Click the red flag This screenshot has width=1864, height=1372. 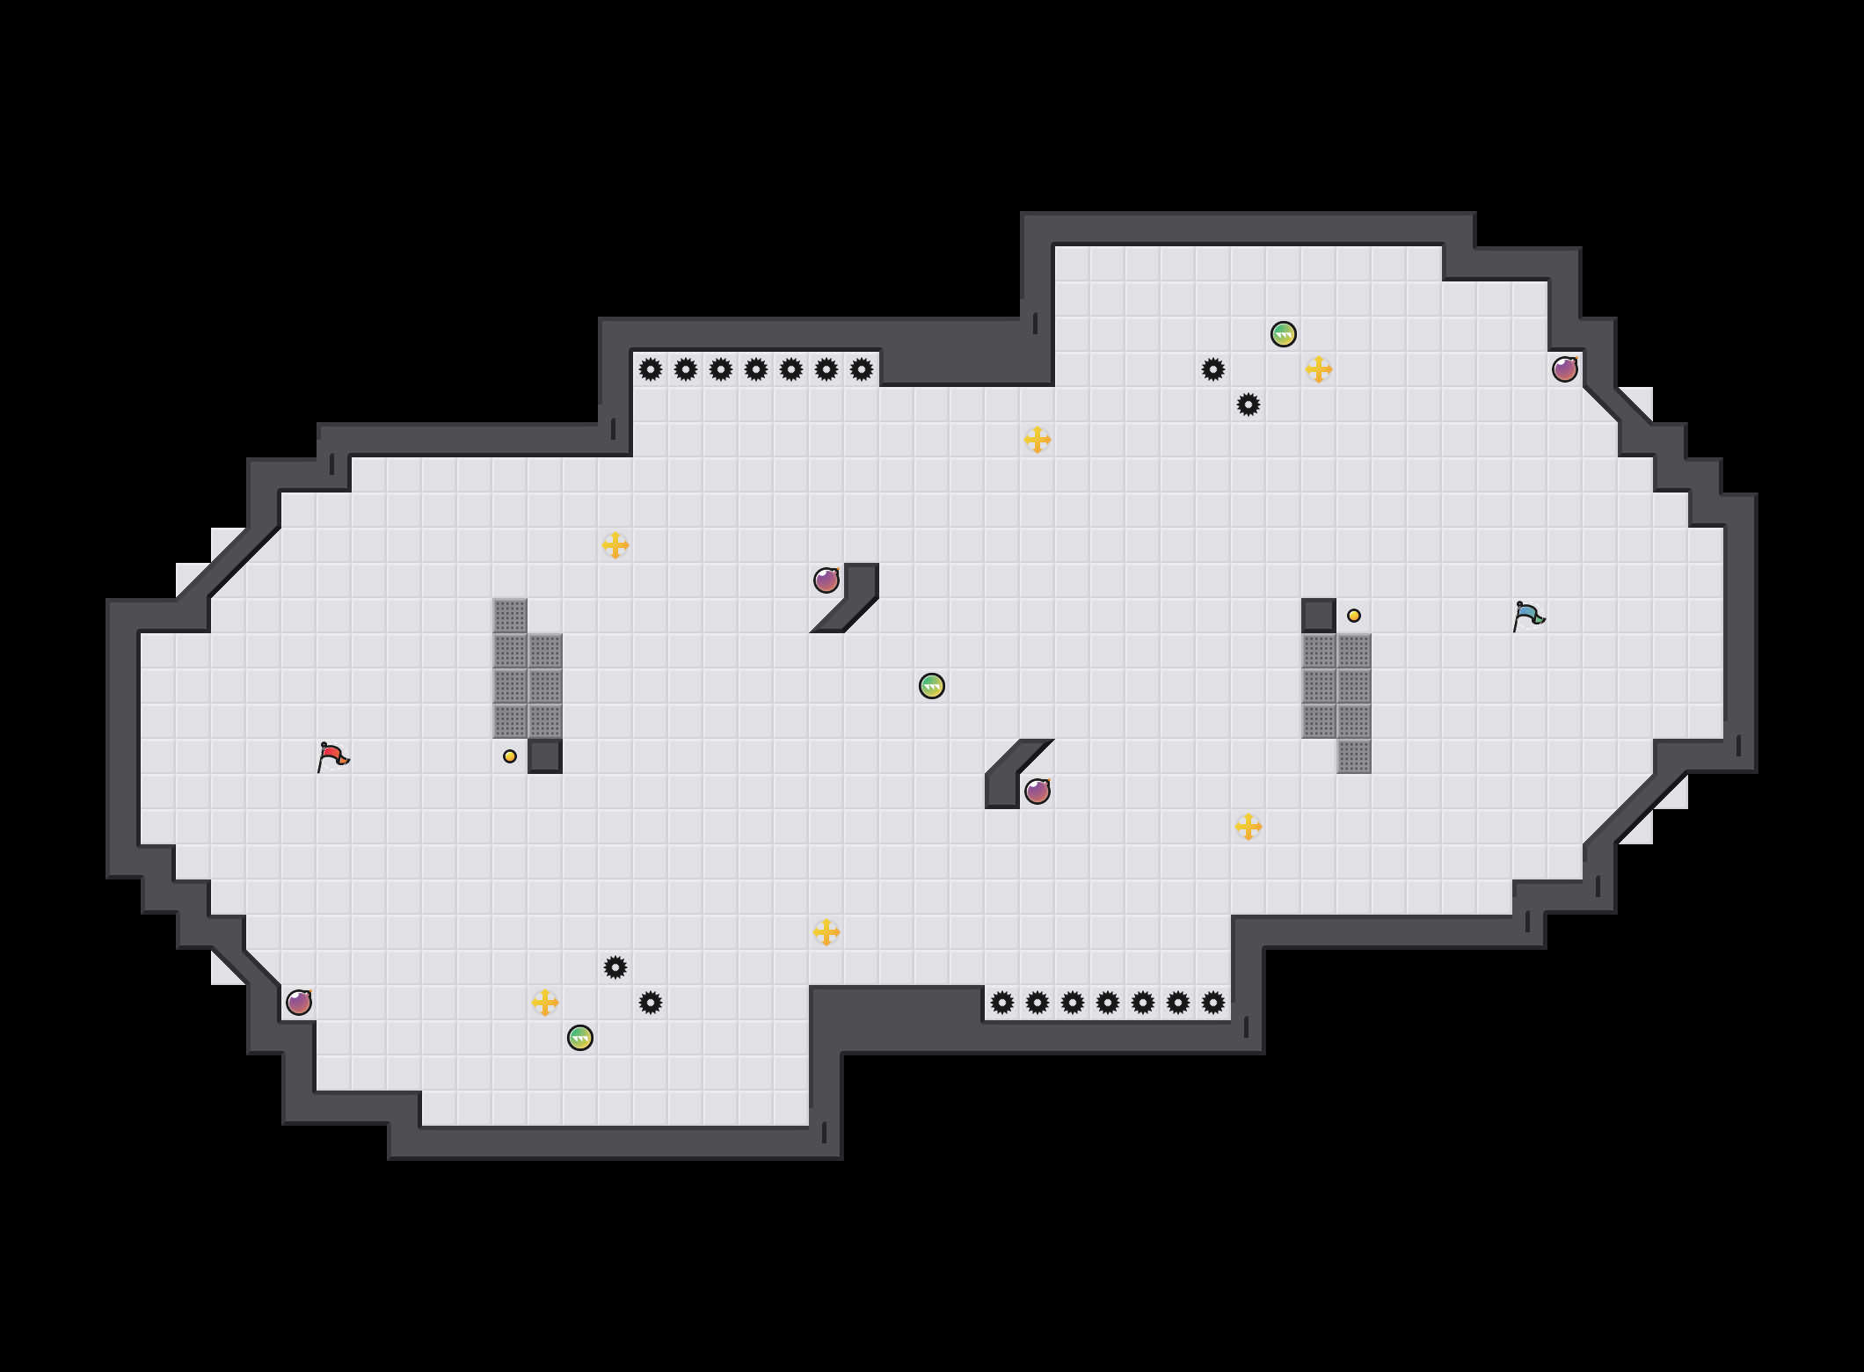(x=332, y=756)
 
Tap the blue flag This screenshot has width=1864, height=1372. (x=1528, y=616)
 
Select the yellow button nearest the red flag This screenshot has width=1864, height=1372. (x=510, y=756)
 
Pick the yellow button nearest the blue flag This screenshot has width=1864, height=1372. (x=1354, y=616)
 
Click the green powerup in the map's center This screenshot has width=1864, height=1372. (x=932, y=686)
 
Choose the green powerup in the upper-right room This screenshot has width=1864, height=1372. (x=1284, y=334)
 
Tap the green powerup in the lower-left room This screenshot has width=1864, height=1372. (x=580, y=1038)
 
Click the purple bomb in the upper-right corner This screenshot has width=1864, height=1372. (x=1565, y=369)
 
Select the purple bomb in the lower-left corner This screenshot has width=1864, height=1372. (x=299, y=1003)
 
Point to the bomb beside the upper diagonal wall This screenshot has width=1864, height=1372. (x=826, y=580)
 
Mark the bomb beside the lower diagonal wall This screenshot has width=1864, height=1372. (x=1038, y=792)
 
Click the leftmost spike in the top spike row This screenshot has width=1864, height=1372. (x=651, y=369)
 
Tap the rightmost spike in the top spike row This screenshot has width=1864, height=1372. (x=862, y=369)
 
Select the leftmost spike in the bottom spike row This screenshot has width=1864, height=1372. (x=1002, y=1003)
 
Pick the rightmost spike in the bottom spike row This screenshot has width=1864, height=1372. (x=1213, y=1003)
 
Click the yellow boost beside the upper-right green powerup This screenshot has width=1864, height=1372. (x=1319, y=369)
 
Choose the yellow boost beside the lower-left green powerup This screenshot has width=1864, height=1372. (x=545, y=1003)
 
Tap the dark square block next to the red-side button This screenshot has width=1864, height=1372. (x=545, y=756)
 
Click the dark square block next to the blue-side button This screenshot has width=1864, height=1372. (x=1319, y=616)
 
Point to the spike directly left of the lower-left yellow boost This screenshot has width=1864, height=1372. (x=651, y=1003)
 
